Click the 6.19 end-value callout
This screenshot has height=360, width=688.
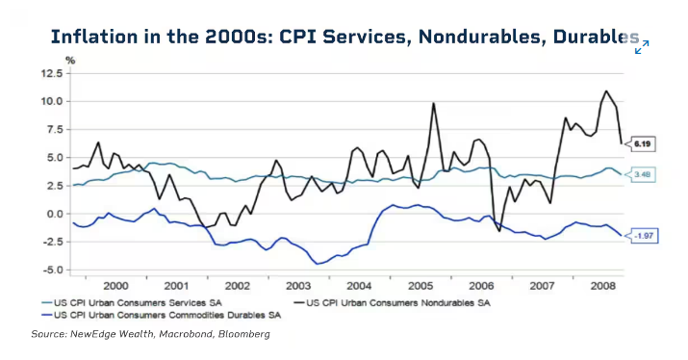(640, 144)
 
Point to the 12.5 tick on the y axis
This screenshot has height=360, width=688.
(52, 73)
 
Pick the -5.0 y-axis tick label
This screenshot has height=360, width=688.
(52, 270)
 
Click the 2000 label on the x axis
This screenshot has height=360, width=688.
(115, 286)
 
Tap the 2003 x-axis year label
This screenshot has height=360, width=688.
(298, 286)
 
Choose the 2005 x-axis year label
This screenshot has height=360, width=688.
(420, 286)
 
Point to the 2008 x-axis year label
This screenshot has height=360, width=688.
(603, 286)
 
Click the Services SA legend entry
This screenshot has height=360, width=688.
(132, 303)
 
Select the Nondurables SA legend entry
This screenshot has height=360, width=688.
(392, 303)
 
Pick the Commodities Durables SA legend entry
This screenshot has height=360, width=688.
(161, 315)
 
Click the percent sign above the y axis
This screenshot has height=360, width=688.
(70, 60)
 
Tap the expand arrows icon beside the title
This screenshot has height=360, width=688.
(642, 47)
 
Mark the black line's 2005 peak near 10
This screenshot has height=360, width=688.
(434, 103)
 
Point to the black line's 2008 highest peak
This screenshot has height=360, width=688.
(606, 90)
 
